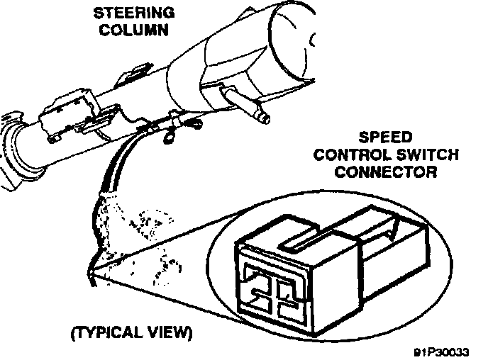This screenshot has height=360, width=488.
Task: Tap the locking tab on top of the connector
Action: coord(301,244)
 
